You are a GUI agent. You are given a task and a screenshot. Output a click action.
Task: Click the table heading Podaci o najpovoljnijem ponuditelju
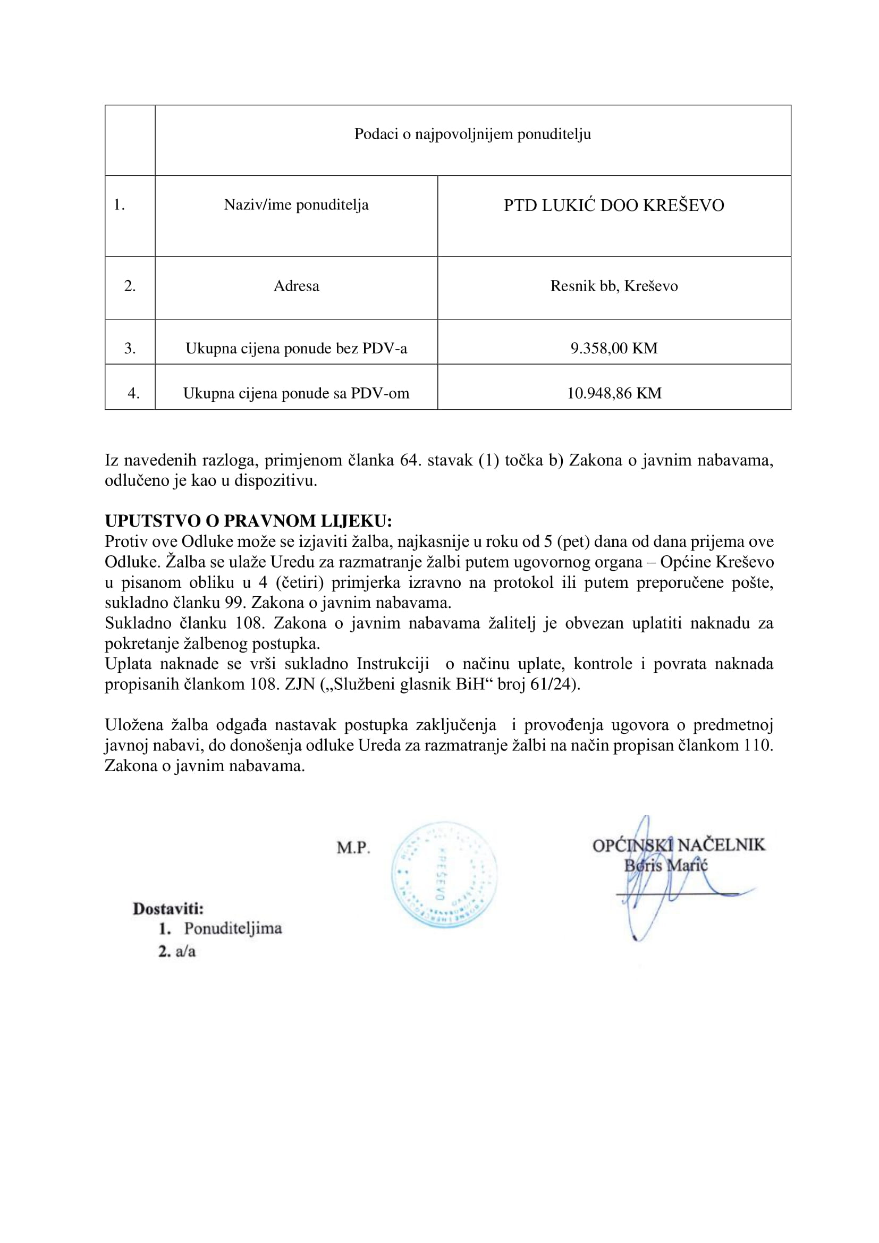click(x=472, y=134)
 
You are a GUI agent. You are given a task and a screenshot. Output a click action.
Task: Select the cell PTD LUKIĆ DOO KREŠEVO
click(x=614, y=206)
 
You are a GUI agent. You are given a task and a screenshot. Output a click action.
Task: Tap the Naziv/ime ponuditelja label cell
click(x=296, y=205)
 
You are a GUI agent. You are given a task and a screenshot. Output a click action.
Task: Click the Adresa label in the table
click(x=296, y=286)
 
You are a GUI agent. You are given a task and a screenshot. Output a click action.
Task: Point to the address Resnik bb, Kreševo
click(x=614, y=286)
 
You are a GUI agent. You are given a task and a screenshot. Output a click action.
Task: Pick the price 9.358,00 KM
click(x=614, y=348)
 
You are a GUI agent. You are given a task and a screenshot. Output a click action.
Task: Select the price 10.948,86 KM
click(x=614, y=393)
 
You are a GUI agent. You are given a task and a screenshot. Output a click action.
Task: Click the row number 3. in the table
click(x=130, y=348)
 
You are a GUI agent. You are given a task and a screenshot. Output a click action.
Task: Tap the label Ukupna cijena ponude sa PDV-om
click(x=296, y=393)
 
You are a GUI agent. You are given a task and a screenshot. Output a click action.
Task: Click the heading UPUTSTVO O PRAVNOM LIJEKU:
click(x=248, y=521)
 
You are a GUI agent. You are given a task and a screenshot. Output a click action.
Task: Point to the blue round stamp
click(x=444, y=876)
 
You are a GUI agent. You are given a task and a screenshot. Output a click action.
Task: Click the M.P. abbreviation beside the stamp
click(x=353, y=848)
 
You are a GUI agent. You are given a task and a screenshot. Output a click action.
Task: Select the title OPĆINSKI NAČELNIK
click(x=679, y=845)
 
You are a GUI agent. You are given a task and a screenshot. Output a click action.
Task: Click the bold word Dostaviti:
click(x=168, y=908)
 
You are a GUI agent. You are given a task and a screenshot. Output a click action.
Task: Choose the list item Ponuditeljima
click(x=233, y=928)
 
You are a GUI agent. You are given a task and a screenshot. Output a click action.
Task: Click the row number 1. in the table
click(x=119, y=205)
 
